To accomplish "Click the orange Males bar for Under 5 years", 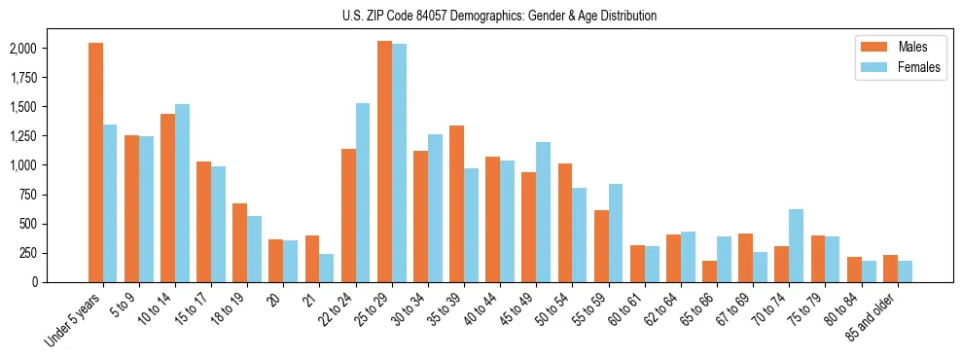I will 95,162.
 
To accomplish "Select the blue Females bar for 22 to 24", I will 363,193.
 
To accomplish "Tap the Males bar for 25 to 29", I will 384,162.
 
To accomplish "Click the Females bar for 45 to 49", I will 543,212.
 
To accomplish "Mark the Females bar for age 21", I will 327,268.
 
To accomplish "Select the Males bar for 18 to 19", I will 240,242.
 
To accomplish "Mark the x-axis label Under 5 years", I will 73,320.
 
